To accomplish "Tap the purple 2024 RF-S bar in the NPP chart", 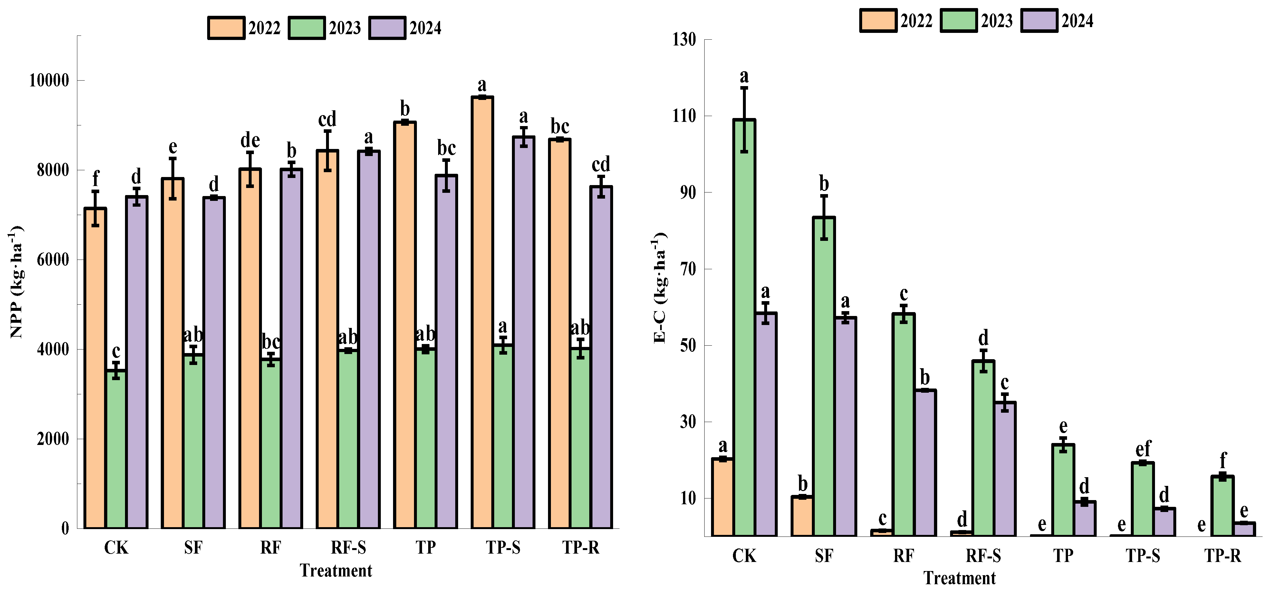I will click(369, 340).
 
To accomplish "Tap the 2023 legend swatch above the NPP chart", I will click(306, 28).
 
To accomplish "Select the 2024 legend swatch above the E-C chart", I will click(1039, 21).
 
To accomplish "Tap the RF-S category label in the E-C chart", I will click(983, 556).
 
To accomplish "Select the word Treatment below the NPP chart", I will click(336, 571).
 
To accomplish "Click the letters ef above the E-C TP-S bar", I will click(1143, 448).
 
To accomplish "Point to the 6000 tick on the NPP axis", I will click(53, 260).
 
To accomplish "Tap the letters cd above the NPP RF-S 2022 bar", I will click(327, 119).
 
